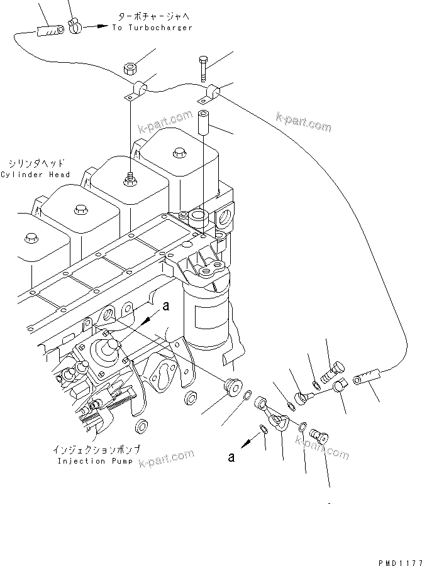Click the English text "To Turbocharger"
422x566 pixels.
[x=152, y=28]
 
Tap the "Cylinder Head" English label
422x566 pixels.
[x=35, y=174]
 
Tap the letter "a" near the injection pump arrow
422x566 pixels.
[x=165, y=306]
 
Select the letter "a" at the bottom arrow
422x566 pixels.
[x=232, y=458]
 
